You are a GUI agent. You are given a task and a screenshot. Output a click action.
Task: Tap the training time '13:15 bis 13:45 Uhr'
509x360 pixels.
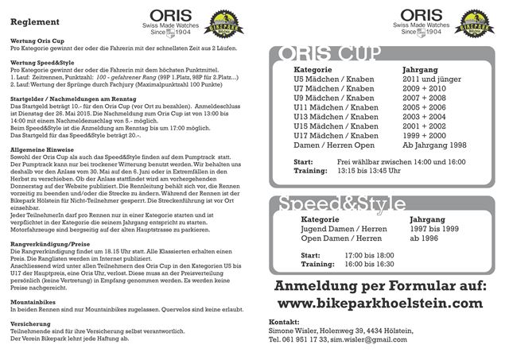click(378, 170)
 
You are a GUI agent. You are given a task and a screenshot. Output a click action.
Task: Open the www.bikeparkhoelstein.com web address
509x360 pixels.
click(380, 304)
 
